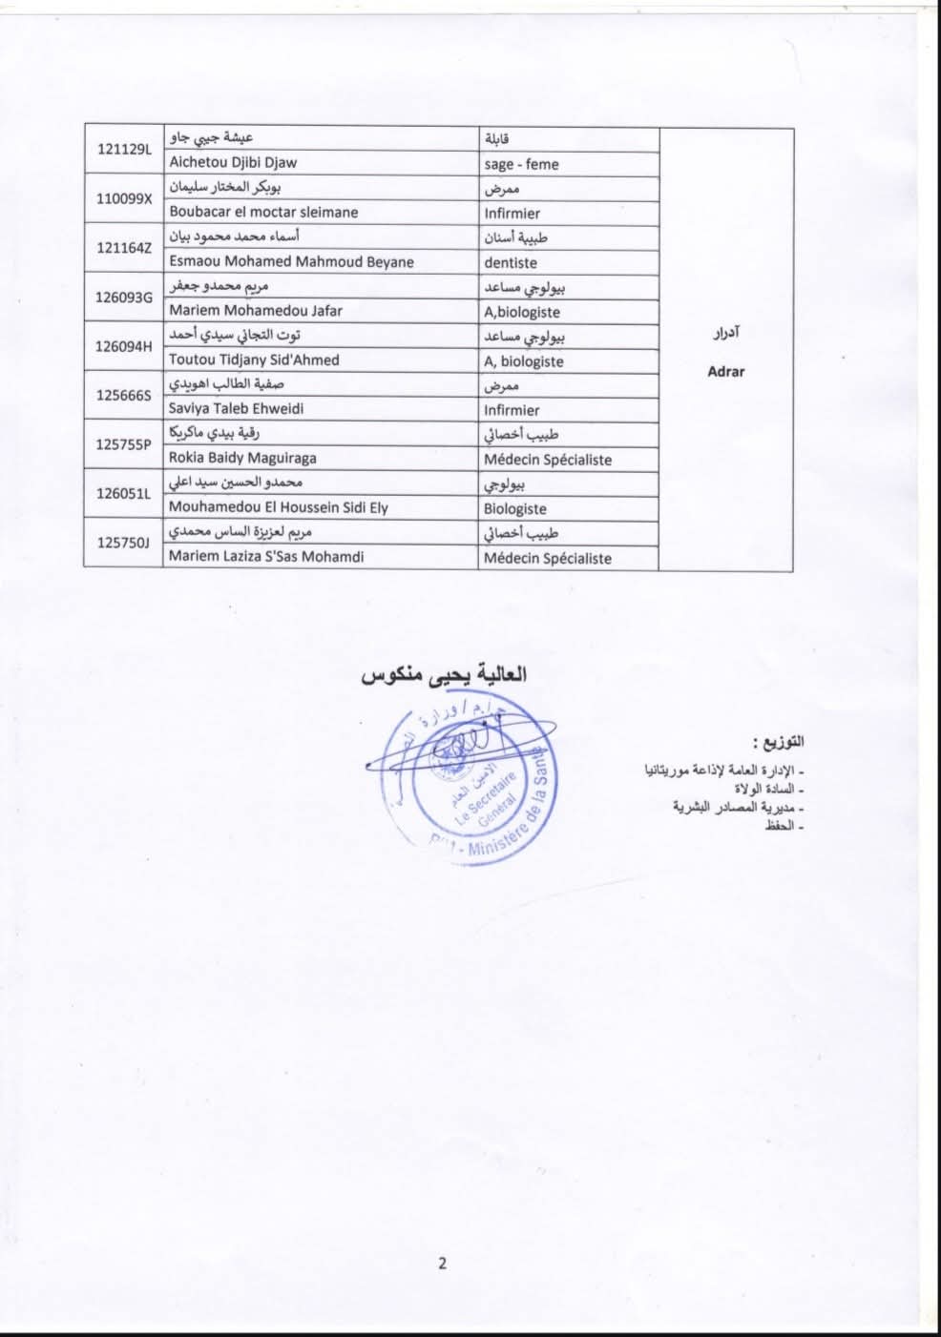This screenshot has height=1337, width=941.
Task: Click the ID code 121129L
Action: tap(124, 149)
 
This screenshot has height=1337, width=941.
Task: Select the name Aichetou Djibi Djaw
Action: tap(233, 162)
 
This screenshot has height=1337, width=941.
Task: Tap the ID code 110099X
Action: tap(124, 198)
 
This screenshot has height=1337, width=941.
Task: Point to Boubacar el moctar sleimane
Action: tap(263, 212)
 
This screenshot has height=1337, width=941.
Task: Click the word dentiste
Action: tap(511, 262)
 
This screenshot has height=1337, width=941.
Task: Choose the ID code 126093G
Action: tap(124, 298)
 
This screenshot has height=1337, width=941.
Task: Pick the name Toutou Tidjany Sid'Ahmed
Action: tap(254, 360)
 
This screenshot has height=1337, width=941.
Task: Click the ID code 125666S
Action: tap(124, 396)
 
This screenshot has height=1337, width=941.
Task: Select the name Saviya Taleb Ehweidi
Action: tap(247, 408)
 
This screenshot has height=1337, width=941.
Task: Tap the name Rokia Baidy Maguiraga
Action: tap(242, 458)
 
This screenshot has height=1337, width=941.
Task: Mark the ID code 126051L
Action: tap(124, 494)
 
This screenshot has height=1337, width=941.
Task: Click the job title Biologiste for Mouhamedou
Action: tap(515, 508)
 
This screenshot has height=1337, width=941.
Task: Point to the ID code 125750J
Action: tap(124, 543)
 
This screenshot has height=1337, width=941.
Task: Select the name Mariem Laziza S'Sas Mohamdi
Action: tap(266, 556)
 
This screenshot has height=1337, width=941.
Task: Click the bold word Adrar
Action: tap(725, 372)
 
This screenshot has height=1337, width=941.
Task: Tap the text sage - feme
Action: tap(521, 164)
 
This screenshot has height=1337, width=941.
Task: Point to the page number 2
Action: tap(442, 1265)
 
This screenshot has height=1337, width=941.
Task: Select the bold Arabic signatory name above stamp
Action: tap(444, 675)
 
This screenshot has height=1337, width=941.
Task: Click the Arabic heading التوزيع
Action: tap(778, 742)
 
